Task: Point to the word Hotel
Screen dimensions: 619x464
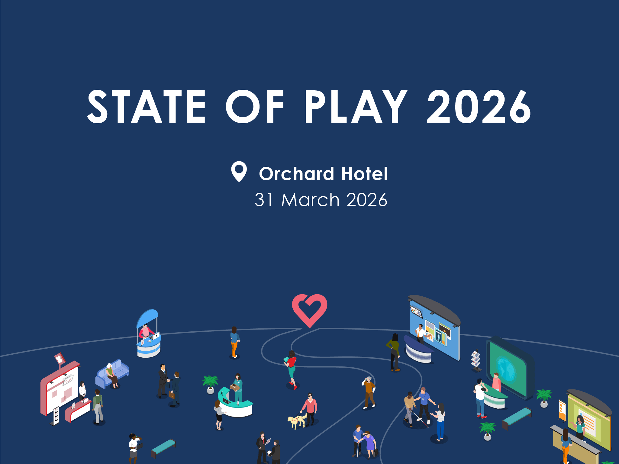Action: [364, 174]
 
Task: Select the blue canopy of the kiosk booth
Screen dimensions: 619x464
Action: [147, 318]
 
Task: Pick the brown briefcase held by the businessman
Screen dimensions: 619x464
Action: [172, 395]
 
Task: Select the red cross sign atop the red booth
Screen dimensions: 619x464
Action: [60, 359]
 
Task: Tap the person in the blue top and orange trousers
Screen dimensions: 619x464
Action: [234, 342]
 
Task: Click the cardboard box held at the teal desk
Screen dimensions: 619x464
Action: [235, 387]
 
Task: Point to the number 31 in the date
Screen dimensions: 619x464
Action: [264, 200]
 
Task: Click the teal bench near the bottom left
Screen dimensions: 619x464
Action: [163, 448]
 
